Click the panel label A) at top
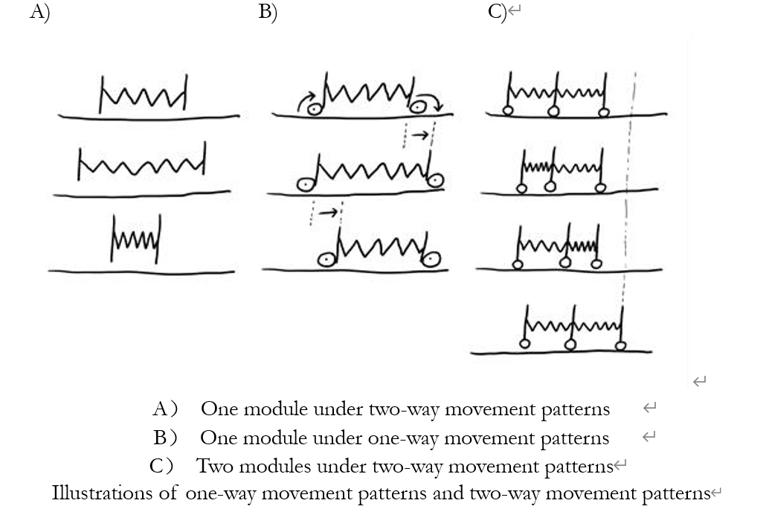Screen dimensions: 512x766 [x=39, y=13]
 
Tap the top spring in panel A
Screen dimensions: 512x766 [x=144, y=95]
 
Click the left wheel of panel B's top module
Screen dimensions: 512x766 [x=315, y=109]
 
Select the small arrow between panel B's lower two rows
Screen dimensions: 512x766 [x=326, y=213]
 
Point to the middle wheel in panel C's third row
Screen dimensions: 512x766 [x=565, y=263]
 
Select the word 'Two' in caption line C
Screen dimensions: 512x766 [x=211, y=467]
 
